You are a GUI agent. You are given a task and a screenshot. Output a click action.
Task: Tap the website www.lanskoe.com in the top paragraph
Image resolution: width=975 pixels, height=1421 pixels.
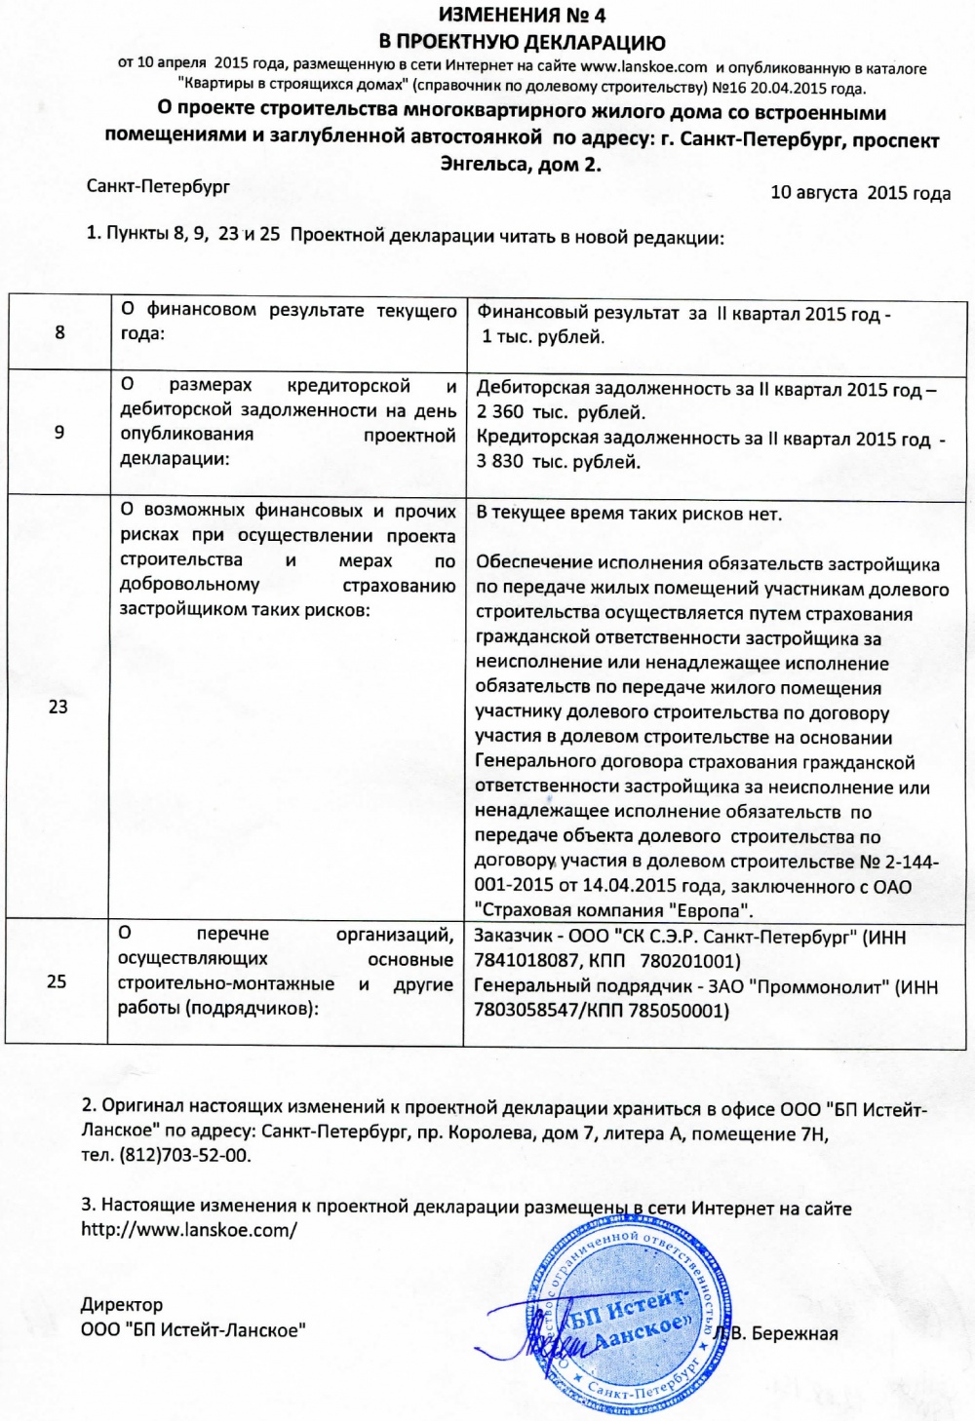[643, 67]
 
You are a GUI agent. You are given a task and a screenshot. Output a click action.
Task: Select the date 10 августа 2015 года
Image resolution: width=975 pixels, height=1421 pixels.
[860, 193]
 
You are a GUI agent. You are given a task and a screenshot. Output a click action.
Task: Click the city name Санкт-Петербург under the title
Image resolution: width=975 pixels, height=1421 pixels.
[158, 186]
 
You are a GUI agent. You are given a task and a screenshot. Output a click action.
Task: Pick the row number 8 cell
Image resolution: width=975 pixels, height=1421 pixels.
[59, 332]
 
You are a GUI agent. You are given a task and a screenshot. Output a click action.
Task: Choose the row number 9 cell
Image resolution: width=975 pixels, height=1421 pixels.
[59, 432]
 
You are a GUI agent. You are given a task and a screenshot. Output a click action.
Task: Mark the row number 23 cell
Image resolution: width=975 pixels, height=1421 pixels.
[58, 707]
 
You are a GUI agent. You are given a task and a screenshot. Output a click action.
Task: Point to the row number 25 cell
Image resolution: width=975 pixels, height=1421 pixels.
[58, 980]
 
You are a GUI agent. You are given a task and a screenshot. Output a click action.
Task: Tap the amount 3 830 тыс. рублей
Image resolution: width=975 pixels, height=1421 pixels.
[559, 462]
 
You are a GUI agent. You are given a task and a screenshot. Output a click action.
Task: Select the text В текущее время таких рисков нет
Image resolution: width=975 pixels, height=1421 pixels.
[629, 514]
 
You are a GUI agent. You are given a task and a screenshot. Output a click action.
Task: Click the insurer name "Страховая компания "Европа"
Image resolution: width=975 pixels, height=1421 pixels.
[614, 911]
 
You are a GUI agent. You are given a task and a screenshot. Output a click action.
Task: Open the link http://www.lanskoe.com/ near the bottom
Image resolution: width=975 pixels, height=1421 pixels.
[189, 1230]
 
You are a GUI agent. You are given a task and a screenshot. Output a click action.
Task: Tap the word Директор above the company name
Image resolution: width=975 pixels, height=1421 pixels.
[122, 1305]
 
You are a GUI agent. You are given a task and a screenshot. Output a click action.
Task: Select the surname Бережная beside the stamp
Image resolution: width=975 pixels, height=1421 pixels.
[795, 1334]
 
